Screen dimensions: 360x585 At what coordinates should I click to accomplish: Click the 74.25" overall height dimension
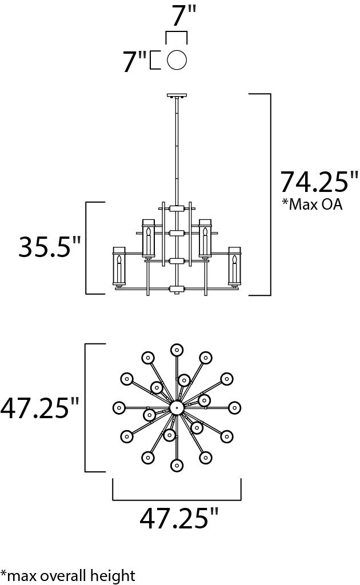pyautogui.click(x=319, y=182)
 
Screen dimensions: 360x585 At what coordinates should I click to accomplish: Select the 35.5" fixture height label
pyautogui.click(x=50, y=246)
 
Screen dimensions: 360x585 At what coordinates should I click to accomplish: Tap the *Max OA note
pyautogui.click(x=312, y=204)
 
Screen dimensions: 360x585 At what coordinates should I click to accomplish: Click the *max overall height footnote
pyautogui.click(x=68, y=575)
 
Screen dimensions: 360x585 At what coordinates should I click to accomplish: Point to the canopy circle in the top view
pyautogui.click(x=177, y=59)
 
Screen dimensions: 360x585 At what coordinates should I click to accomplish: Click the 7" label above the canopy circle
pyautogui.click(x=183, y=15)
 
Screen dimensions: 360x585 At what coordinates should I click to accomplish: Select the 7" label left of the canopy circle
pyautogui.click(x=135, y=61)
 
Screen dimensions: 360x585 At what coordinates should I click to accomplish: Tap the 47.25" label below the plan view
pyautogui.click(x=179, y=518)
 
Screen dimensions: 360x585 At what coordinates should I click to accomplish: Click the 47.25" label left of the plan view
pyautogui.click(x=39, y=408)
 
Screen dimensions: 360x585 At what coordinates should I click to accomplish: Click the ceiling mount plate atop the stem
pyautogui.click(x=177, y=96)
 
